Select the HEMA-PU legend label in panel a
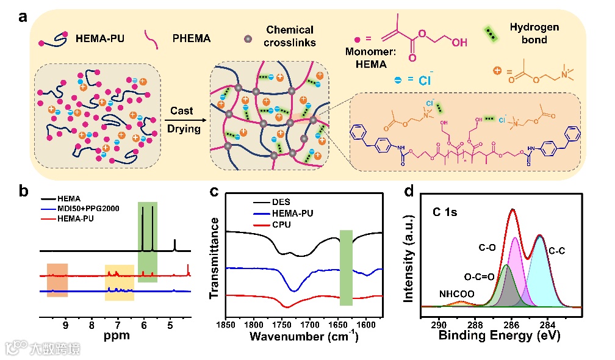pyautogui.click(x=101, y=39)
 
